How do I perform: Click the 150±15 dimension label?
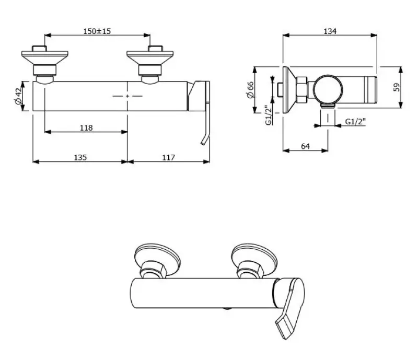point(97,31)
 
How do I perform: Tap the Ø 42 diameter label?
point(19,96)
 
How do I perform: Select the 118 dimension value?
point(86,128)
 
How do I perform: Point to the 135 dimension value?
point(79,157)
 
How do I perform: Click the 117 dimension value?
point(168,157)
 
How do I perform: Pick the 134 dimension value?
point(329,31)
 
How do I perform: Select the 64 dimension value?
point(306,146)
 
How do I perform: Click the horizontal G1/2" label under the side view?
point(356,122)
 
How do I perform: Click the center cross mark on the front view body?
point(127,96)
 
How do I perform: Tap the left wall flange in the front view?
point(44,55)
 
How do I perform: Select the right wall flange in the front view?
point(149,55)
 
